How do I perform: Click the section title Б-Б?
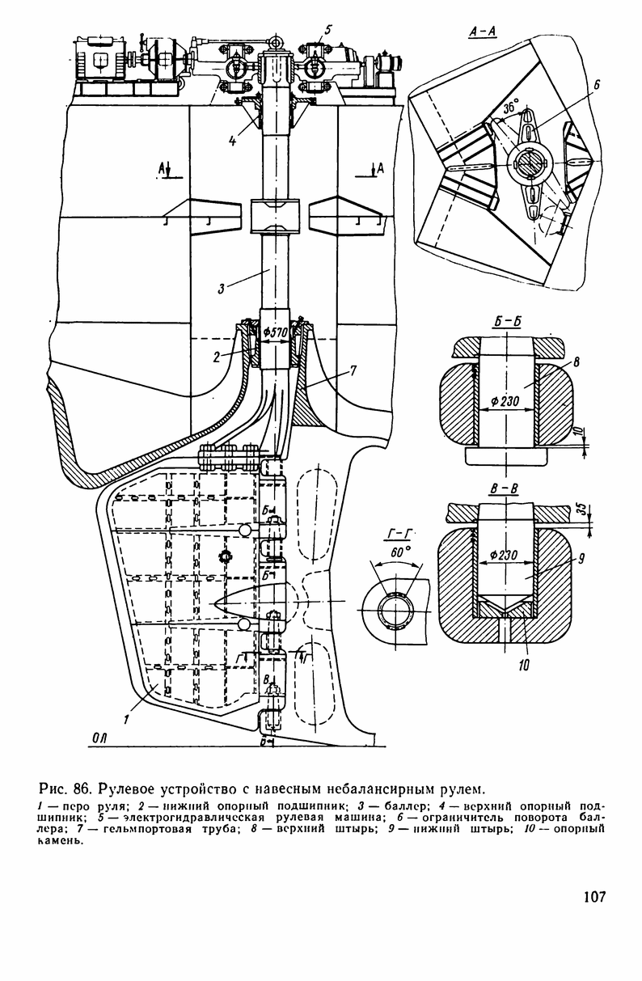point(507,320)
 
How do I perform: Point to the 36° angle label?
point(509,106)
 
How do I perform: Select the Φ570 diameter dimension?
point(276,333)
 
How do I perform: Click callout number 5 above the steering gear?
point(327,30)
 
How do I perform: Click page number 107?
point(593,896)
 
